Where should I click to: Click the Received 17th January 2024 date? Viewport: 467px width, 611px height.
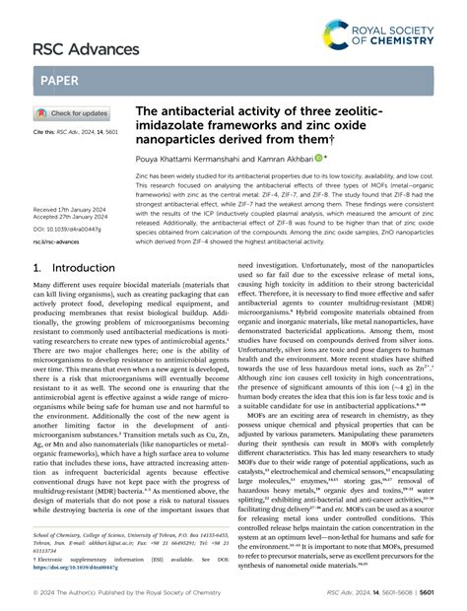point(72,211)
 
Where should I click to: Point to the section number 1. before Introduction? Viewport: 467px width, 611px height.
point(38,268)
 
